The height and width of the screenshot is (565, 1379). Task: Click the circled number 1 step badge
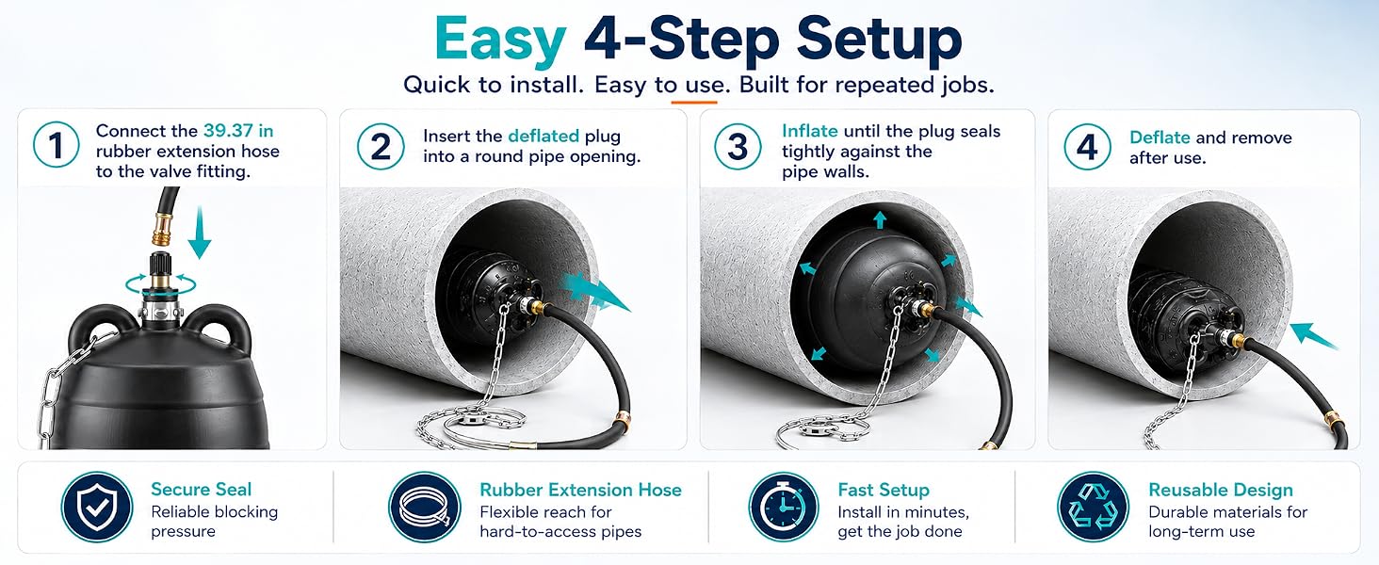56,145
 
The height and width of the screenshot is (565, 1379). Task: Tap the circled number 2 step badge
381,147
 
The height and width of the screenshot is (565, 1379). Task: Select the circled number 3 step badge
738,147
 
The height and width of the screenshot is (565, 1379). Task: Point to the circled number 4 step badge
1087,147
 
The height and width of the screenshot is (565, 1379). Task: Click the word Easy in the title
500,40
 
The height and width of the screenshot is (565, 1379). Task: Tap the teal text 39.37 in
238,131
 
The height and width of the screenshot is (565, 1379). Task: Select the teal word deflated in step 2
543,136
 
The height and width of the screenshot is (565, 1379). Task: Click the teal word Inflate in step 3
809,131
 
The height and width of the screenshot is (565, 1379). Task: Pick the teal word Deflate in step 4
1160,137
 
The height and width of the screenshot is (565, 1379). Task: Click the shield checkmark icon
97,508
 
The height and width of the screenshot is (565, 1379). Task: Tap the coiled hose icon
425,508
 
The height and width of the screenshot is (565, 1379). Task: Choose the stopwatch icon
783,508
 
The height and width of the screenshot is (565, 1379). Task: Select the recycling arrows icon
1094,508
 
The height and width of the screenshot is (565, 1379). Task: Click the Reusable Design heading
1220,490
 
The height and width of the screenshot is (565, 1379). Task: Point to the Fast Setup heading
884,490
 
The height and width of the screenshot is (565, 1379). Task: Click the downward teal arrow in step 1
200,232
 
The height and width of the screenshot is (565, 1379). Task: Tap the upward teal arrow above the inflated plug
880,219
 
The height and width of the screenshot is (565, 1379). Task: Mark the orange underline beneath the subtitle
694,102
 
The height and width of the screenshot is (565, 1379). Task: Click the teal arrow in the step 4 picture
1312,336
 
